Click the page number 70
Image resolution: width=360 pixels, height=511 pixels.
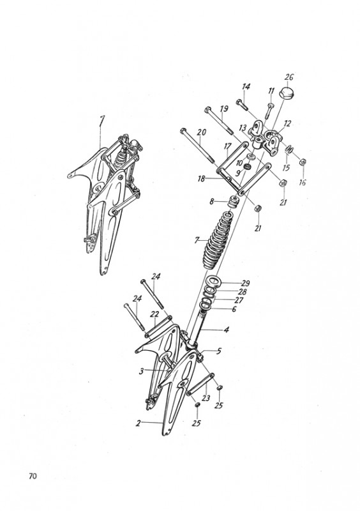(x=33, y=476)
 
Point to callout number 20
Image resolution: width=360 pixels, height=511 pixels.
(x=202, y=132)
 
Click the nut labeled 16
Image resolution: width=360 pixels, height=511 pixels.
(x=302, y=162)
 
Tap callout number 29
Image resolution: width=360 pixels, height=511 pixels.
(x=245, y=283)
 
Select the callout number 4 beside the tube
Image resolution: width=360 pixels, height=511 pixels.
(x=227, y=330)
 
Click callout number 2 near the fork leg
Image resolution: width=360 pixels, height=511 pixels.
(x=139, y=423)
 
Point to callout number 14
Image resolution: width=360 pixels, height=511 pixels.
(x=246, y=87)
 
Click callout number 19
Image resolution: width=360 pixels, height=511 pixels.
(x=224, y=109)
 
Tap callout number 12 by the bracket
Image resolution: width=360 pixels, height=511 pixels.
(x=287, y=123)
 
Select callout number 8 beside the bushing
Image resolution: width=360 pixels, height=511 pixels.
(x=212, y=202)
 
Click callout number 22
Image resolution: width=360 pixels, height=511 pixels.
(x=154, y=314)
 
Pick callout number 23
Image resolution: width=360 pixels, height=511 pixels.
(x=206, y=398)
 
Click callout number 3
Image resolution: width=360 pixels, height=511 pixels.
(x=142, y=371)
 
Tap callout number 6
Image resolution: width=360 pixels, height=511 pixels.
(x=234, y=309)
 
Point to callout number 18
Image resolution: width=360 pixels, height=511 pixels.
(x=201, y=179)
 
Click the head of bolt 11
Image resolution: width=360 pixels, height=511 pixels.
(x=272, y=105)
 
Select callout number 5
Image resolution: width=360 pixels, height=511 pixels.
(x=218, y=351)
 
